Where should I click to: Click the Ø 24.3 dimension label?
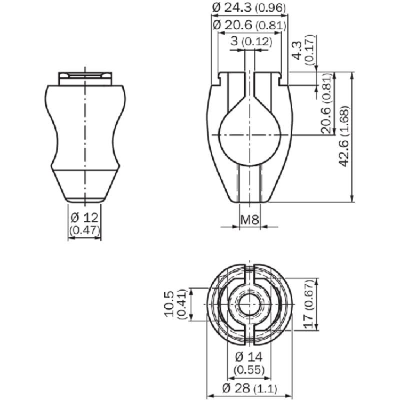(x=249, y=8)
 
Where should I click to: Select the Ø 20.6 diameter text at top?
(x=249, y=25)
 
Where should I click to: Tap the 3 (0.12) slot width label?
(x=251, y=41)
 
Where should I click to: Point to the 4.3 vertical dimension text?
(x=298, y=51)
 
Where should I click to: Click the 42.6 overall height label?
(x=344, y=136)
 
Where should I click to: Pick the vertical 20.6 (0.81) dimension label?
(x=327, y=104)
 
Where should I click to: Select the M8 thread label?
(x=250, y=219)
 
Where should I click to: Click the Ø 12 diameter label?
(x=84, y=218)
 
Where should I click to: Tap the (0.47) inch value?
(x=85, y=230)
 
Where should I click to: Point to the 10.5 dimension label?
(x=168, y=304)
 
